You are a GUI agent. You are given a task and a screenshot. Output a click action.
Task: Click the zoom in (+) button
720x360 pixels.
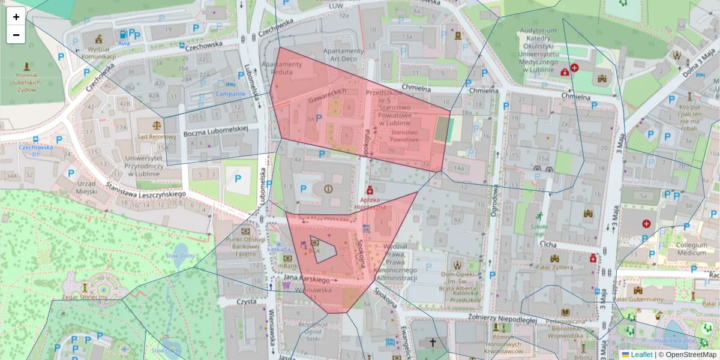pos(16,17)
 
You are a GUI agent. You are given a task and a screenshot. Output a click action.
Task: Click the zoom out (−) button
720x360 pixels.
pos(16,35)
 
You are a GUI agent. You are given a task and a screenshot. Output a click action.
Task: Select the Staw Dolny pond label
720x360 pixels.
pos(180,256)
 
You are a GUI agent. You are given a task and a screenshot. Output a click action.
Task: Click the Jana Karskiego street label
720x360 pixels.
pos(307,280)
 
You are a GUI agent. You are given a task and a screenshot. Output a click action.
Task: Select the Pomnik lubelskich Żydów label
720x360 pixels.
pos(26,80)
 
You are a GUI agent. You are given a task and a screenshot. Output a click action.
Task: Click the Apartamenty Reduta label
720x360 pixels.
pos(283,68)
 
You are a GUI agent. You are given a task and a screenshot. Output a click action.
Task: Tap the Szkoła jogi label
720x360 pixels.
pos(539,230)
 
